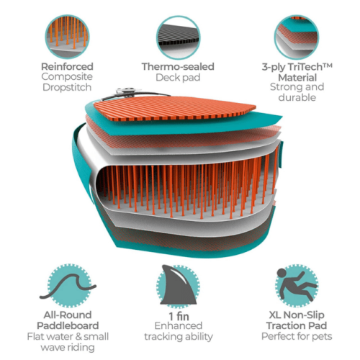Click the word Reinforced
point(67,66)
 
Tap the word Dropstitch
point(67,87)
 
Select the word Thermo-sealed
point(178,67)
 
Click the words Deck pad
point(178,78)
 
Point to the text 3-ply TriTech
point(293,67)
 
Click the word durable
point(297,97)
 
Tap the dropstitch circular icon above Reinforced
point(67,37)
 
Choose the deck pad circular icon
point(179,37)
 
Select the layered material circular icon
point(297,37)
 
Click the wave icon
point(68,286)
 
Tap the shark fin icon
point(178,286)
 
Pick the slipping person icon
point(297,286)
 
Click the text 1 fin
point(179,316)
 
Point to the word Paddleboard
point(68,325)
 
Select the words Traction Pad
point(297,325)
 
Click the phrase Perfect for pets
point(297,336)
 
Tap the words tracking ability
point(179,337)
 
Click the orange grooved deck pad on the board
point(175,108)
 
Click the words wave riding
point(68,348)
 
